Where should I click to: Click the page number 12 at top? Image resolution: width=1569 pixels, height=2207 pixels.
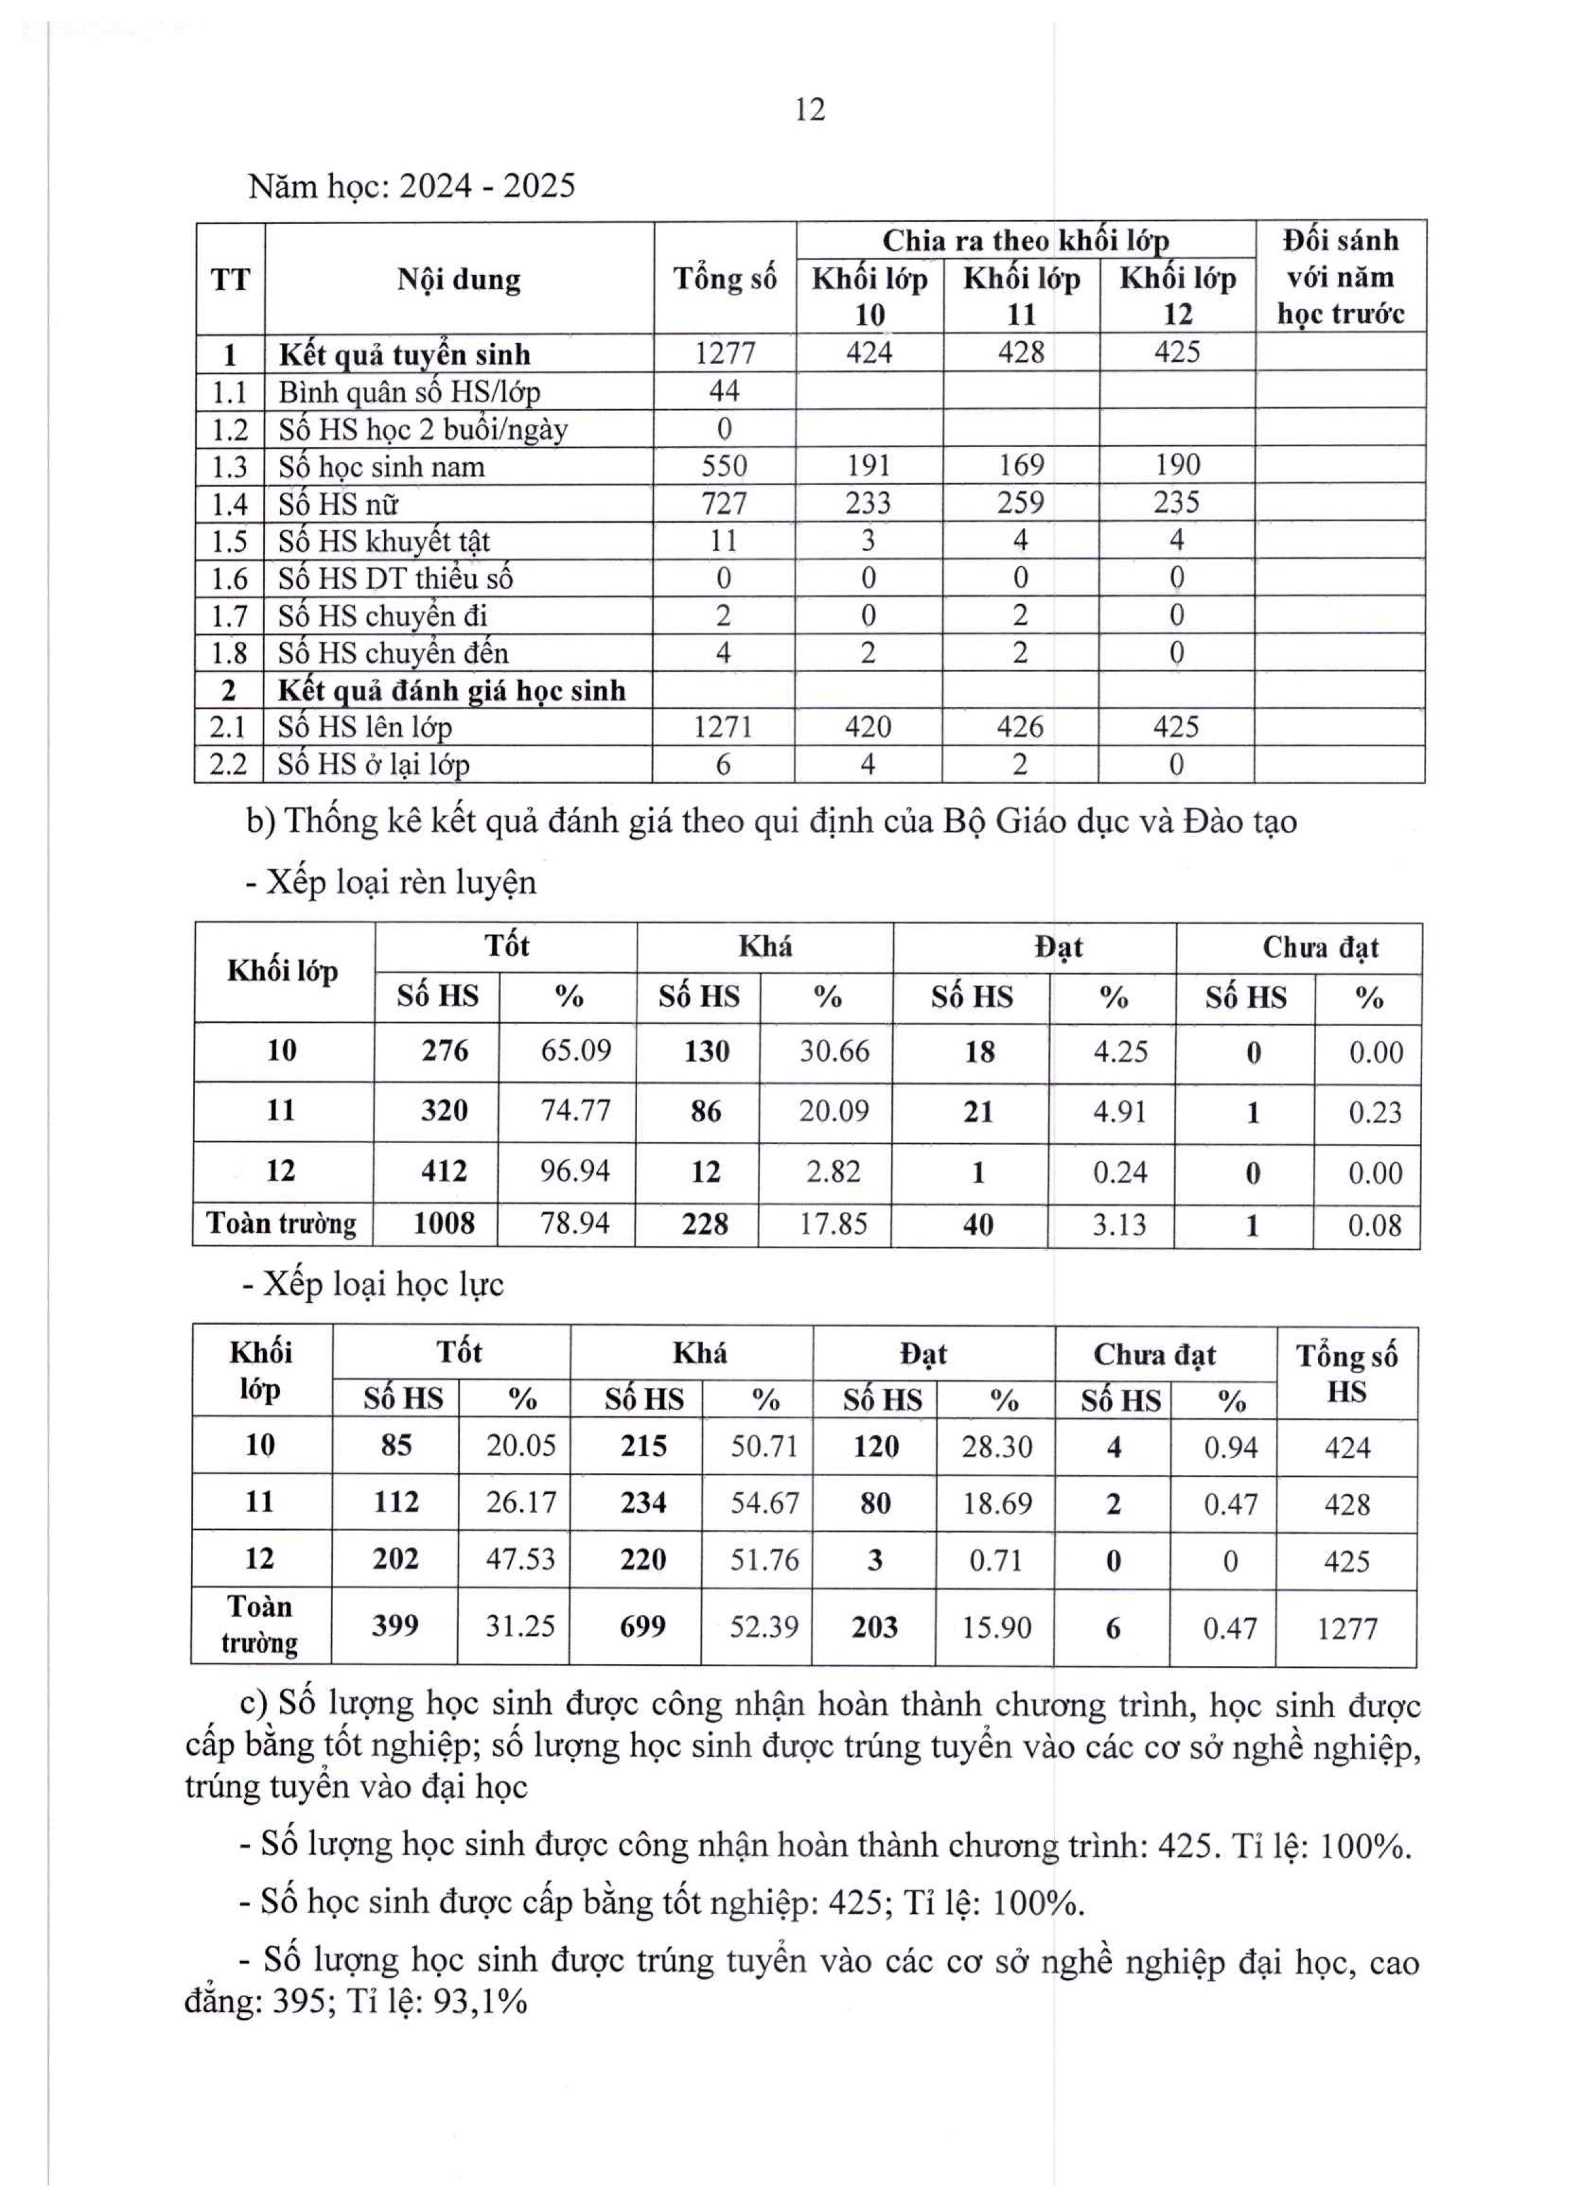coord(810,110)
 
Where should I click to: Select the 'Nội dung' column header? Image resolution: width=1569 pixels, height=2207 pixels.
coord(459,279)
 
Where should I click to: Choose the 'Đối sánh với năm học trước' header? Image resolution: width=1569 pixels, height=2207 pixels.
coord(1340,277)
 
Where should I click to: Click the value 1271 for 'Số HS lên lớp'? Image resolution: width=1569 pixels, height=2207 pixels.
coord(723,726)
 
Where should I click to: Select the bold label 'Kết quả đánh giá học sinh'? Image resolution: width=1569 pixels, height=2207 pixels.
coord(451,690)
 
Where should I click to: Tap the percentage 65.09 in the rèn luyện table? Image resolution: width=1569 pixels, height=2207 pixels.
coord(575,1051)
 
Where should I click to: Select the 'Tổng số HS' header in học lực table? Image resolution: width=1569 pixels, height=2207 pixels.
coord(1346,1373)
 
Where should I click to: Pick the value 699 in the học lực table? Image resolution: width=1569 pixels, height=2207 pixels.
coord(643,1626)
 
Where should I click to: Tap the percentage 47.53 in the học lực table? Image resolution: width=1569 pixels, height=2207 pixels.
coord(520,1559)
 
